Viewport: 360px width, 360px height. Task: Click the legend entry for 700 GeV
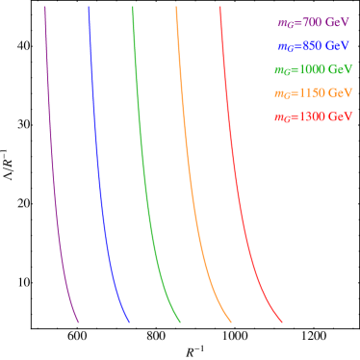(x=313, y=22)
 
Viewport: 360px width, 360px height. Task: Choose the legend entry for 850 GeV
(x=313, y=46)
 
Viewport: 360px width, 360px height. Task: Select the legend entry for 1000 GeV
(x=313, y=70)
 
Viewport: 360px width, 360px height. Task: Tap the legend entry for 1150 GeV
(x=313, y=93)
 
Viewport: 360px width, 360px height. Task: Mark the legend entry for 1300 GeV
(x=313, y=117)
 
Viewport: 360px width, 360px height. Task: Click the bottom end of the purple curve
(x=78, y=321)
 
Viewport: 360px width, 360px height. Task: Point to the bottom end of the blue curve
(x=129, y=321)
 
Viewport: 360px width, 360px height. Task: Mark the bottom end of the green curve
(x=180, y=321)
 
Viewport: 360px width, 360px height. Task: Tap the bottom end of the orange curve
(x=231, y=321)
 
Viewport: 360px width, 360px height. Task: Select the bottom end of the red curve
(x=282, y=321)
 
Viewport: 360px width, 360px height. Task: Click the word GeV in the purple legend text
(x=336, y=22)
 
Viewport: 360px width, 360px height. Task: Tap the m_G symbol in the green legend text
(x=282, y=70)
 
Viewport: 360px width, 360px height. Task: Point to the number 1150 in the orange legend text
(x=310, y=93)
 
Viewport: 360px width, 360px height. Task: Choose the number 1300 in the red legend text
(x=310, y=117)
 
